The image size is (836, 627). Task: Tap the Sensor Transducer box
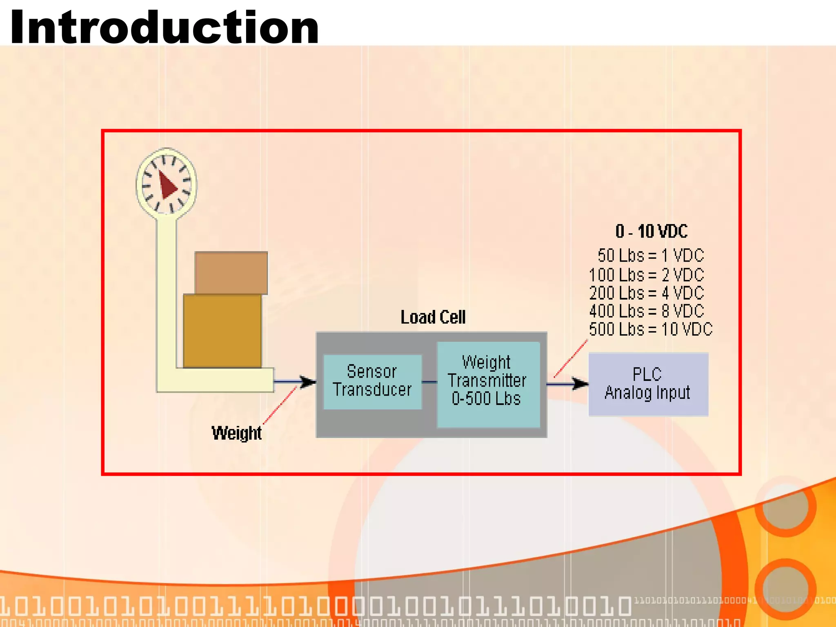372,381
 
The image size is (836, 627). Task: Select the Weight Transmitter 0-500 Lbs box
488,384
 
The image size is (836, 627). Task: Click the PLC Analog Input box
648,384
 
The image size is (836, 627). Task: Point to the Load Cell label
433,317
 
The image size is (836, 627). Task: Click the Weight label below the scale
236,433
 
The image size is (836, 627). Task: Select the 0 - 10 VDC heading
651,231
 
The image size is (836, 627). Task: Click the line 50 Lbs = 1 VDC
651,256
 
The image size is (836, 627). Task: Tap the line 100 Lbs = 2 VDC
647,275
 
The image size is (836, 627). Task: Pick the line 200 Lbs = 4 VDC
647,293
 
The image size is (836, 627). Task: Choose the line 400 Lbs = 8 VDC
647,311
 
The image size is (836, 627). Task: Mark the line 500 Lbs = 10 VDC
651,329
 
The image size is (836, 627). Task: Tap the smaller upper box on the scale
231,273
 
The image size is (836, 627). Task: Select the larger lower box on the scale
222,331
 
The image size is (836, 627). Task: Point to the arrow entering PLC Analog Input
567,384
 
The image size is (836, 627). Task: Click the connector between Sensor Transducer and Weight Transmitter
429,382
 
